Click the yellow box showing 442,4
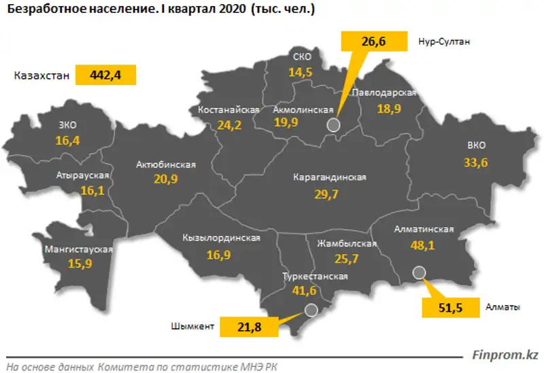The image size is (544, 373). [105, 75]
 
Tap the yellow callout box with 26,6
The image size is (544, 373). [373, 42]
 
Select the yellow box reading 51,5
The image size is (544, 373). [450, 308]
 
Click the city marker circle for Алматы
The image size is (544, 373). [419, 273]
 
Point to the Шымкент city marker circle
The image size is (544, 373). [311, 310]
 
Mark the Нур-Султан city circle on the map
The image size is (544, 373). [333, 124]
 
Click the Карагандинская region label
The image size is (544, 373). [330, 177]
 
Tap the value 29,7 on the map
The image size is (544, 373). [330, 194]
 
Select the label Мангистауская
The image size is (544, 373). [77, 249]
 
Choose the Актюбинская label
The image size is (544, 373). [166, 164]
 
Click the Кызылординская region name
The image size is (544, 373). [222, 238]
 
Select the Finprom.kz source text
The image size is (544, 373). [505, 355]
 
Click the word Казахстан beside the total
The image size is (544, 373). [41, 75]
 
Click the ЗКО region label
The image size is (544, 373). [69, 124]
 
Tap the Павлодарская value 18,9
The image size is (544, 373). [384, 109]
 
